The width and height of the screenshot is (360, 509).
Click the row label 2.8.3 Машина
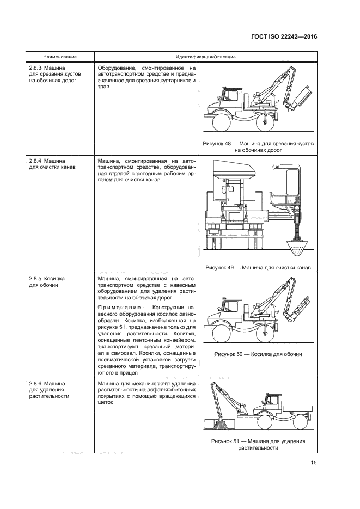[46, 68]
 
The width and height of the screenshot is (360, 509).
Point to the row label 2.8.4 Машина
[46, 162]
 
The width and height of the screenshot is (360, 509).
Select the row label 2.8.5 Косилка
[47, 278]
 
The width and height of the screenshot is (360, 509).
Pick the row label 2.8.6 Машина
[46, 384]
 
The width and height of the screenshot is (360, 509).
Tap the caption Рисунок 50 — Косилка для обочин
[258, 354]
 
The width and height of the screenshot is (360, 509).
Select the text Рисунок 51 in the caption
[229, 441]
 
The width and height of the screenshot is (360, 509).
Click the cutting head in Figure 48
[301, 98]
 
